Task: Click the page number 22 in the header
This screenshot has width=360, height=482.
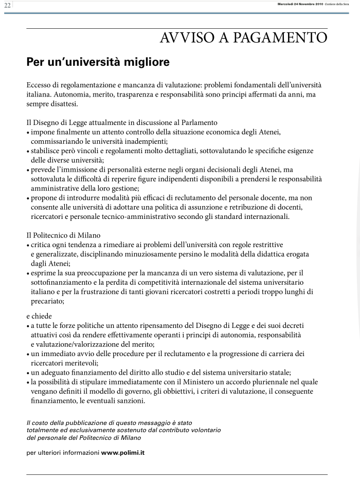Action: pos(7,5)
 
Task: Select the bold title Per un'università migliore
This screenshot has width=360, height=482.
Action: pos(98,63)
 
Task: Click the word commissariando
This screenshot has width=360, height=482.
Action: pos(58,141)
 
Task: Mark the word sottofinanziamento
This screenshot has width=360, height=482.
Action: pos(62,283)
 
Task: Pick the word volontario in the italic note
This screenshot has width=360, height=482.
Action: pos(202,430)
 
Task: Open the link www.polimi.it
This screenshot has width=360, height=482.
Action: pos(122,453)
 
